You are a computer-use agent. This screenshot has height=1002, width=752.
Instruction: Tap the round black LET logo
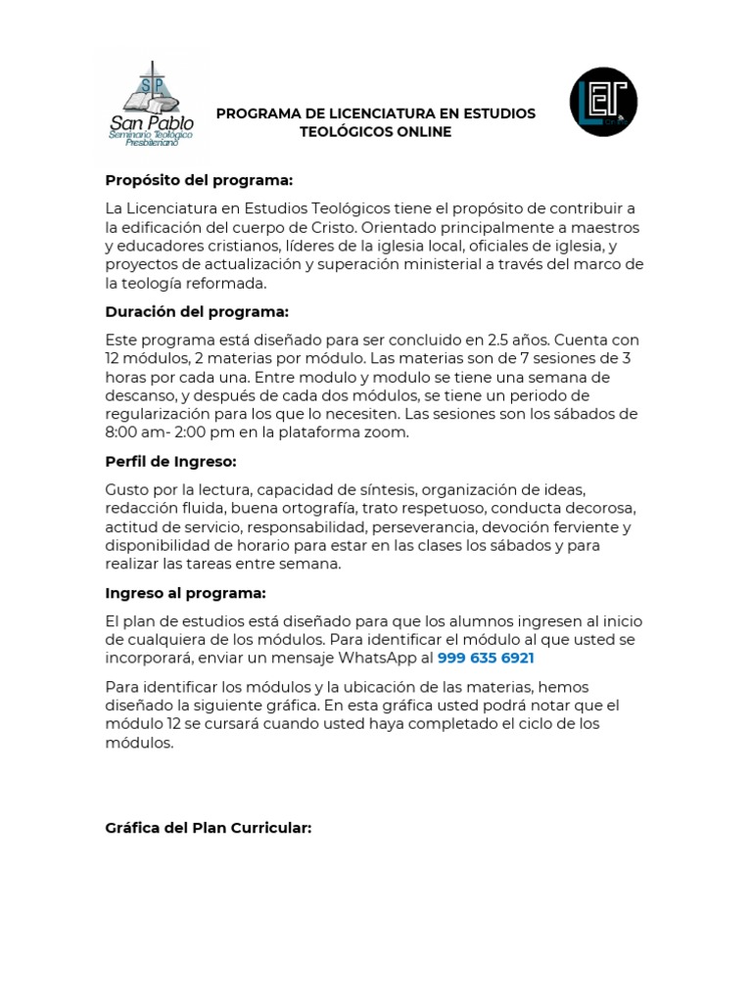pyautogui.click(x=603, y=102)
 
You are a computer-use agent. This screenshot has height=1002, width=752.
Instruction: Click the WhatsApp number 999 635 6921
pyautogui.click(x=486, y=658)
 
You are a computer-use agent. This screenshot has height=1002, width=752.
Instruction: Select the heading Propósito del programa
pyautogui.click(x=199, y=181)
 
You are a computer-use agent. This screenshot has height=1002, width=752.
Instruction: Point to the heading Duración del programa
pyautogui.click(x=197, y=312)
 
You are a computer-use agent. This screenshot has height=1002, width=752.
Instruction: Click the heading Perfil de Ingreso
pyautogui.click(x=170, y=462)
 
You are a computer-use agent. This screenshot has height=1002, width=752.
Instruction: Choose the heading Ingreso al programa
pyautogui.click(x=185, y=593)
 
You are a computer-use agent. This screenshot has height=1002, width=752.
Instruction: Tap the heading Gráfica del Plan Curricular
pyautogui.click(x=208, y=828)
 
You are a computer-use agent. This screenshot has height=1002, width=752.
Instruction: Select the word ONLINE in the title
pyautogui.click(x=423, y=132)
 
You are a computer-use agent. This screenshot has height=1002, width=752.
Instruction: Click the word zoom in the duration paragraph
pyautogui.click(x=388, y=433)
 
